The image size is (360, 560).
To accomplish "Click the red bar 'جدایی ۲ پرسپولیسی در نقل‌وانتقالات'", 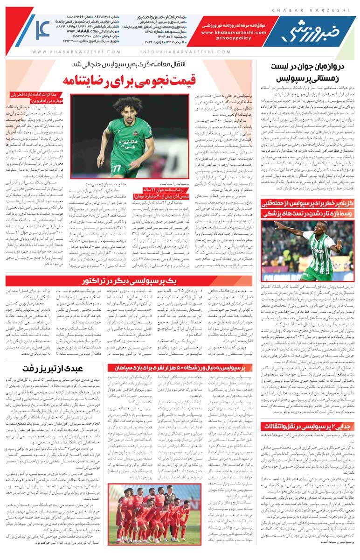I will coord(308,426).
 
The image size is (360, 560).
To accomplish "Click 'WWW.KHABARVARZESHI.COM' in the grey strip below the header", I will coord(76,52).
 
